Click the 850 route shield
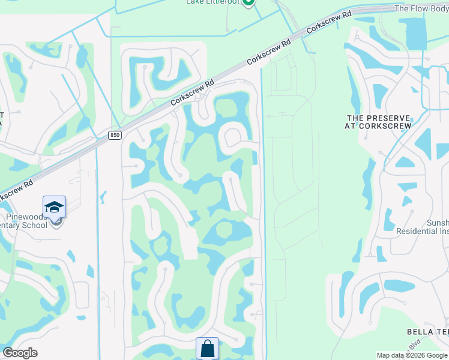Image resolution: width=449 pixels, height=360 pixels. pyautogui.click(x=115, y=135)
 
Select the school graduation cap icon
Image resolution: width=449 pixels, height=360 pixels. pyautogui.click(x=55, y=208)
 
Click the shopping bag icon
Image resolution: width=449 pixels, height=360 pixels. pyautogui.click(x=207, y=349)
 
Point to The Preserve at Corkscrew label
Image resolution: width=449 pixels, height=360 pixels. pyautogui.click(x=378, y=122)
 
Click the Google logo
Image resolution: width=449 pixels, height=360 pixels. pyautogui.click(x=20, y=353)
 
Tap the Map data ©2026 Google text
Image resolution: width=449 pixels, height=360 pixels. pyautogui.click(x=412, y=355)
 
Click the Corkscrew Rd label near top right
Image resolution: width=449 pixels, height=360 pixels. pyautogui.click(x=329, y=22)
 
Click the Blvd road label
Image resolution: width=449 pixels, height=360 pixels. pyautogui.click(x=414, y=346)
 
